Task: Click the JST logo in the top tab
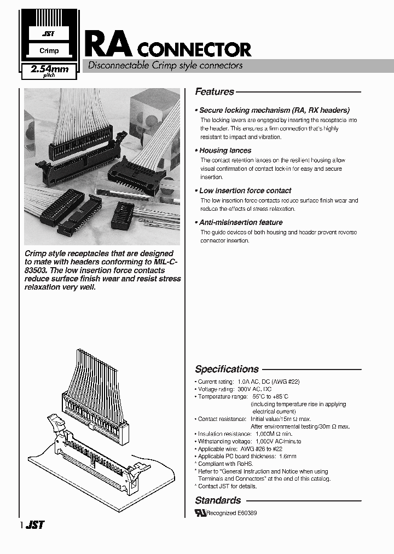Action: click(48, 34)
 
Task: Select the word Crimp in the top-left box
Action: click(49, 51)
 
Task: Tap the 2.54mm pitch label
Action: click(49, 71)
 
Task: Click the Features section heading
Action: click(215, 92)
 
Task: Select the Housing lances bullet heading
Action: click(225, 151)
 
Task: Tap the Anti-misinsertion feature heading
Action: click(240, 222)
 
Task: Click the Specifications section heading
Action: click(227, 369)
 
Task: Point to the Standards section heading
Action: click(218, 500)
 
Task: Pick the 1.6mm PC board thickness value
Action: click(287, 456)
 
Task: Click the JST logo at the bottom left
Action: click(35, 525)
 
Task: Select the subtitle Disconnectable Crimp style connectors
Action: click(162, 65)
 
